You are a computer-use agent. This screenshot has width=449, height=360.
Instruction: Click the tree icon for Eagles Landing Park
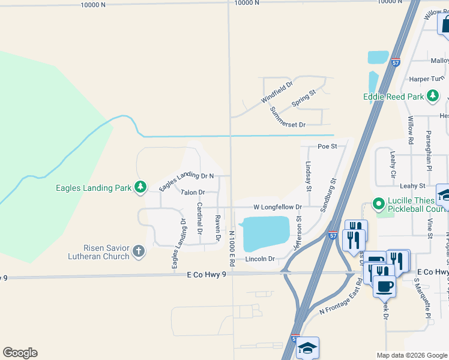(x=140, y=188)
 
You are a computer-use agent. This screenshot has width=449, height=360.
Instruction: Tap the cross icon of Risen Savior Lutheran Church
(x=139, y=251)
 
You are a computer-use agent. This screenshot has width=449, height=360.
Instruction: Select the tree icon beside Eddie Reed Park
(x=432, y=96)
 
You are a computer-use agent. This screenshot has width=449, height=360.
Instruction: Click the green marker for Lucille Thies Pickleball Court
(x=378, y=204)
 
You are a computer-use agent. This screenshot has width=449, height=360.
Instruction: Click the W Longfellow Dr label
(x=277, y=206)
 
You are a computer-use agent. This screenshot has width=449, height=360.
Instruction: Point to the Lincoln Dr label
(x=259, y=259)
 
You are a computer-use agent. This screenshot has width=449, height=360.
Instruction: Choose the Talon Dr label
(x=193, y=193)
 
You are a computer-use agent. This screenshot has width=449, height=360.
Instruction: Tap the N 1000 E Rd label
(x=231, y=248)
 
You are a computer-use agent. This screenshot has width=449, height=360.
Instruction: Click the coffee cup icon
(x=384, y=286)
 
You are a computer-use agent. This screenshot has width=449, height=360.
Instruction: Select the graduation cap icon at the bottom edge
(x=307, y=348)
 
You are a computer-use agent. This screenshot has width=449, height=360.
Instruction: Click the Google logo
(x=20, y=353)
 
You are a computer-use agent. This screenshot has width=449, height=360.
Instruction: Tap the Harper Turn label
(x=426, y=79)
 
